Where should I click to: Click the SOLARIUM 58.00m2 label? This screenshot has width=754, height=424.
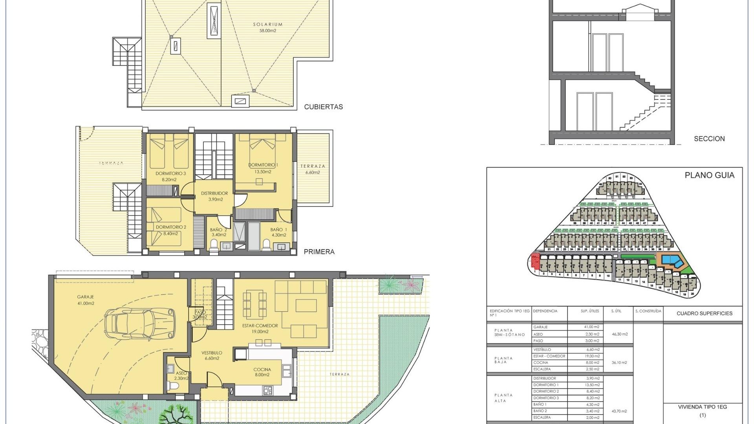267,27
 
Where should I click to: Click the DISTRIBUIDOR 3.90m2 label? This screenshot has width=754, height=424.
214,196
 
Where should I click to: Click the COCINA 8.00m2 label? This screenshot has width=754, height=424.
262,372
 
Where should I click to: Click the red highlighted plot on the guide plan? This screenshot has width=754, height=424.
535,260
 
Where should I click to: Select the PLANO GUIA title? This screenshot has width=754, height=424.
709,175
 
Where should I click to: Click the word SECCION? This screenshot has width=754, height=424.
709,139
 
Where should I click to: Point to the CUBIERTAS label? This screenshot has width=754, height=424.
323,107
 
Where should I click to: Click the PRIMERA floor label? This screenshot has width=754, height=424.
319,252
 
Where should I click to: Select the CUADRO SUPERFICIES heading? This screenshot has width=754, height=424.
704,314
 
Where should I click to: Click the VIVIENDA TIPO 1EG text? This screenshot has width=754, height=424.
702,407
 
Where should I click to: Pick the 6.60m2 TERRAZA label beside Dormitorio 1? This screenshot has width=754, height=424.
313,169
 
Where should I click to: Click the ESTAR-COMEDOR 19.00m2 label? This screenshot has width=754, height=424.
260,329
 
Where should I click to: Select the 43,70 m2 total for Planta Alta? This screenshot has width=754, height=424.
619,411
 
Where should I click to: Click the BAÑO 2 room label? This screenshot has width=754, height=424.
218,232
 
